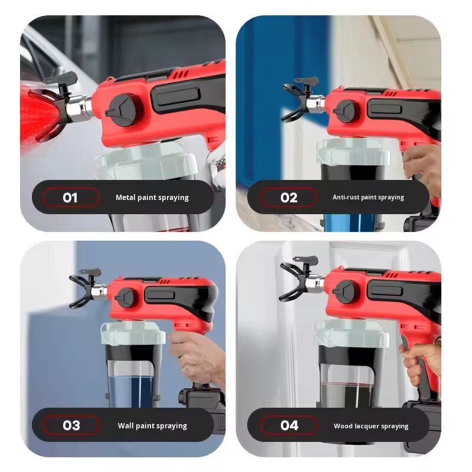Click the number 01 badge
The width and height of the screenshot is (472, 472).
pyautogui.click(x=70, y=197)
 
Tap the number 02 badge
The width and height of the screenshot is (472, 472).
pyautogui.click(x=289, y=197)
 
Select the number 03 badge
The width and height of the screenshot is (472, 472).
pyautogui.click(x=71, y=425)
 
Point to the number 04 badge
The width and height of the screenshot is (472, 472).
pyautogui.click(x=289, y=425)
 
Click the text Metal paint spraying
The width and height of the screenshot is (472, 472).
pyautogui.click(x=152, y=198)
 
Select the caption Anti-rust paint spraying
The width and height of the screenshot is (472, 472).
pyautogui.click(x=368, y=198)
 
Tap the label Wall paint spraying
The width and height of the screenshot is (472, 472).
pyautogui.click(x=152, y=425)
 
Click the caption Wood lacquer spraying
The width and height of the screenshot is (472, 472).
pyautogui.click(x=371, y=425)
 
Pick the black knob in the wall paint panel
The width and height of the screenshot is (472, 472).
pyautogui.click(x=124, y=297)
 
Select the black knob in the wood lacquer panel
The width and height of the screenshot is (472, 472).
pyautogui.click(x=344, y=291)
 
